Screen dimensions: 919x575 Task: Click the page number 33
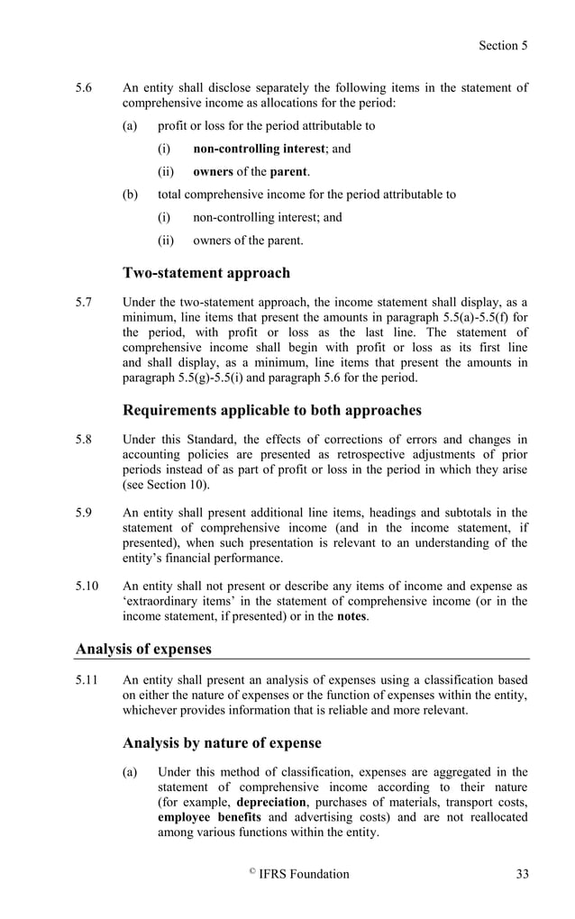click(522, 873)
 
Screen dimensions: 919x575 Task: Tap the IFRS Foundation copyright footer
click(298, 873)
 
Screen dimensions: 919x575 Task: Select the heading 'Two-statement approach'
click(206, 273)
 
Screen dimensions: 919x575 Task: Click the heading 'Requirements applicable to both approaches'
click(271, 410)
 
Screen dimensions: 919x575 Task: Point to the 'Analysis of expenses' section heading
click(143, 648)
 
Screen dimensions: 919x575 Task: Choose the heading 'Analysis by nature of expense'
click(222, 743)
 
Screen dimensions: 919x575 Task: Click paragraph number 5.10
click(87, 587)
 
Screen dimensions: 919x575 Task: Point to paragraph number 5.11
click(87, 681)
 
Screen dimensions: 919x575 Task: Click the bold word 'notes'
click(351, 617)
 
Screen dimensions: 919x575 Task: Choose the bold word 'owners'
click(214, 171)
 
